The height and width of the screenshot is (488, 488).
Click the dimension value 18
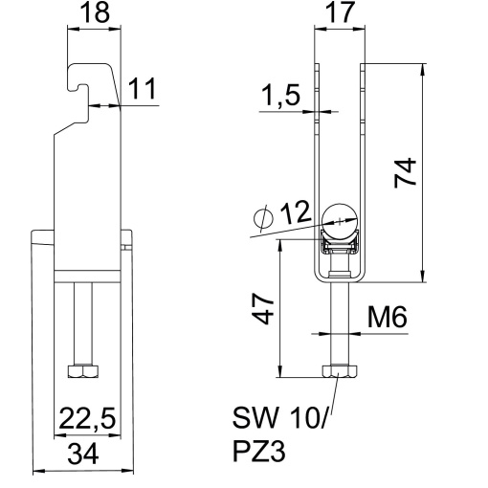coord(95,15)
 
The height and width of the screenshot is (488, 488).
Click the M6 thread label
coord(388,316)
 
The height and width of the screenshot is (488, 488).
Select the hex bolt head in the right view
coord(340,371)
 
